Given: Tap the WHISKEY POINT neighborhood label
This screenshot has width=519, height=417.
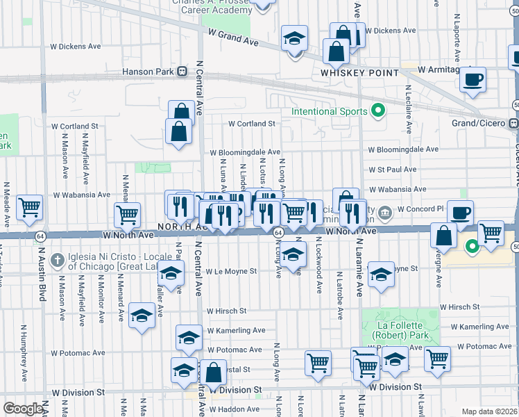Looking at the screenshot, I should click(359, 73).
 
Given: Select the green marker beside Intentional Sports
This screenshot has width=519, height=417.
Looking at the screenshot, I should click(378, 111).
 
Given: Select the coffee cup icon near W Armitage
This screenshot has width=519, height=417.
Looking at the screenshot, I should click(473, 79).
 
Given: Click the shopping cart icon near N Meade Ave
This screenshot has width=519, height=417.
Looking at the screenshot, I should click(29, 206).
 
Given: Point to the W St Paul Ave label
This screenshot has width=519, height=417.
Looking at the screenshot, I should click(392, 169).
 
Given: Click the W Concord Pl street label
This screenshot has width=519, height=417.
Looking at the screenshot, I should click(420, 209).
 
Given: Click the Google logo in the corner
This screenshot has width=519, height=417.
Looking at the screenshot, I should click(22, 409).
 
